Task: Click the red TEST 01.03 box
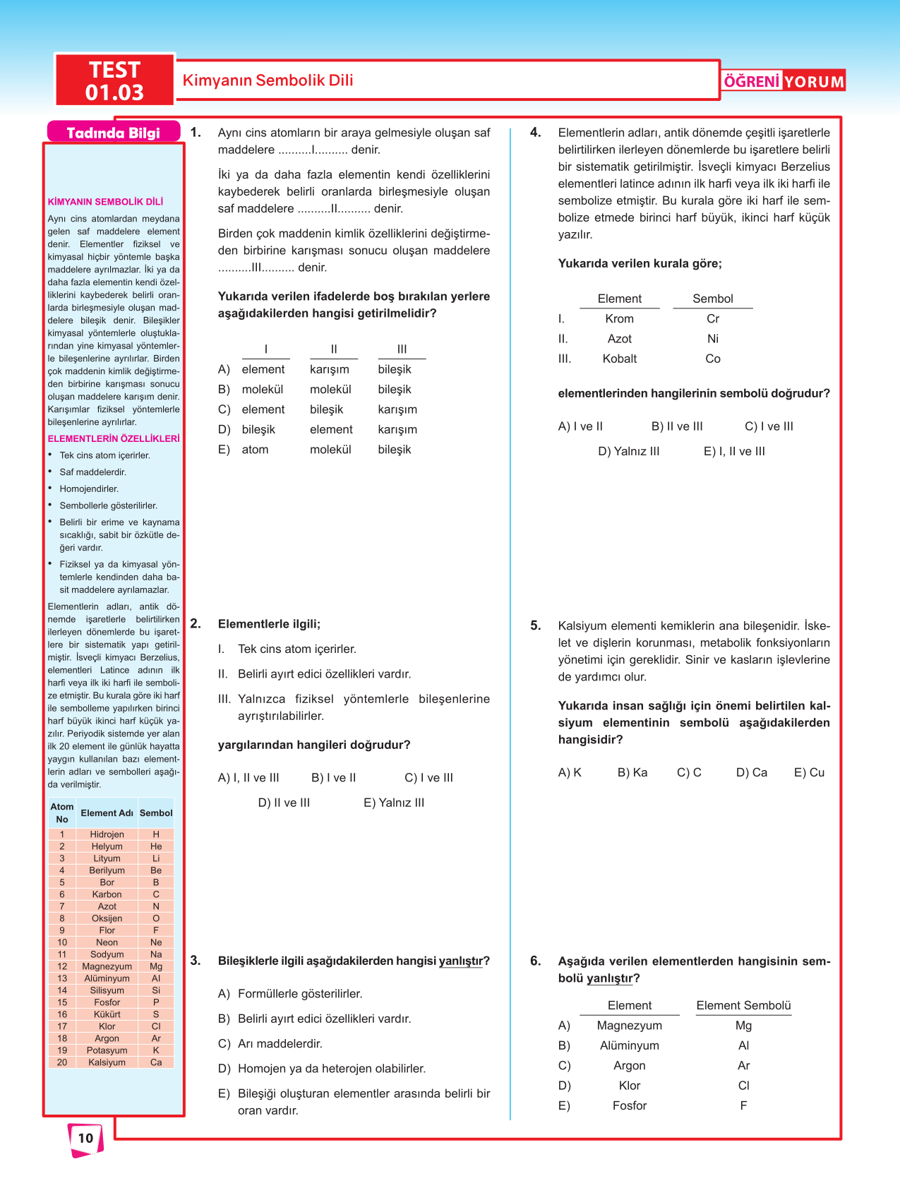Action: (114, 80)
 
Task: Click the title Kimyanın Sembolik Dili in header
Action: (268, 80)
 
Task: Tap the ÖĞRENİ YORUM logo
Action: (784, 81)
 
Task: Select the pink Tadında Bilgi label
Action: (113, 133)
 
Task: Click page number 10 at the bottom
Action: (85, 1138)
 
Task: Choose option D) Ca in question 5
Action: (751, 772)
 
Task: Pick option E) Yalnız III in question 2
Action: (394, 803)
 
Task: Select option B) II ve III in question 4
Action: (677, 426)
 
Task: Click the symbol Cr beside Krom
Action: (713, 319)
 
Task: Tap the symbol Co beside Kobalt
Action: (713, 359)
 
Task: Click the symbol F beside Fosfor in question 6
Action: (743, 1105)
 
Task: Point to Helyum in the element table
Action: (107, 846)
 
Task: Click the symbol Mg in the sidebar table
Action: (156, 966)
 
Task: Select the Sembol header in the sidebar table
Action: (156, 813)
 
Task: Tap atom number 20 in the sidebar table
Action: (62, 1062)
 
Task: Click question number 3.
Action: (196, 961)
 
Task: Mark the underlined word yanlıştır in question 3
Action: (462, 961)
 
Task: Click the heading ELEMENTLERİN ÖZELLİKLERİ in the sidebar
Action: (114, 438)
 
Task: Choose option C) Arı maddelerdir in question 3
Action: (279, 1043)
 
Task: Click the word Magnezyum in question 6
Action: (630, 1026)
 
